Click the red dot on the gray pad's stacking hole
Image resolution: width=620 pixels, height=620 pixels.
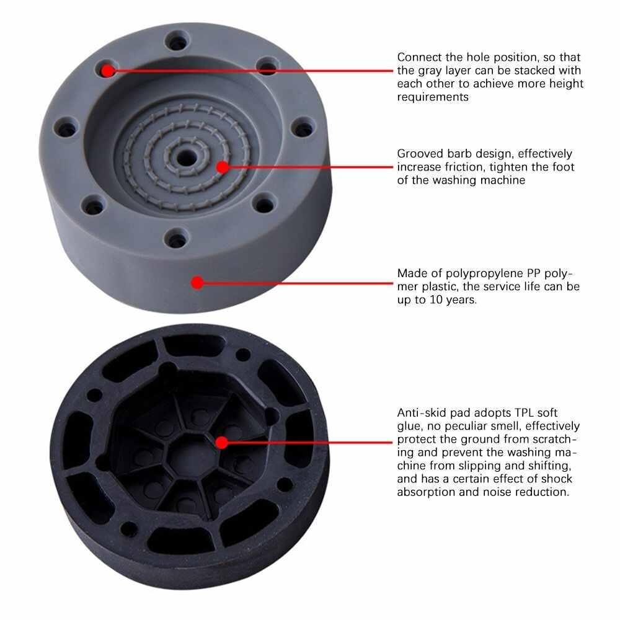pos(108,70)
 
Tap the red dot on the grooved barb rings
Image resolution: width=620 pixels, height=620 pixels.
pos(221,167)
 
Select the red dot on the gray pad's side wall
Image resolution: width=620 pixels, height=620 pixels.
pos(197,283)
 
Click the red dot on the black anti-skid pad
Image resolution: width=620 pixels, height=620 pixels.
pos(221,442)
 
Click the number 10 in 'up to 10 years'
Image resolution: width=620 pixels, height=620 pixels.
pos(435,300)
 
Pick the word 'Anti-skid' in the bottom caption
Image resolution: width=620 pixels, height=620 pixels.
pos(422,412)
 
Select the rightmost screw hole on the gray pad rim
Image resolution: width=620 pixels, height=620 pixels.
pos(303,130)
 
